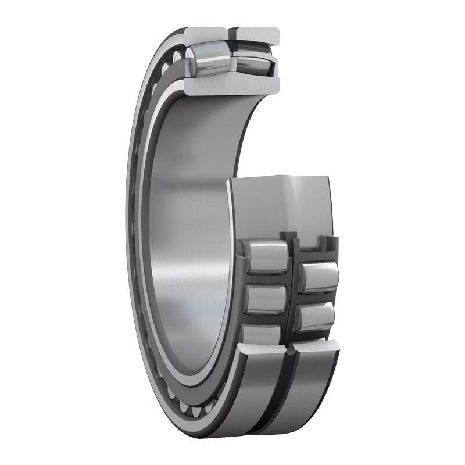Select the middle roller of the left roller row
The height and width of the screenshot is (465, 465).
point(264,298)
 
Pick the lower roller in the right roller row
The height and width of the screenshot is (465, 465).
point(316,317)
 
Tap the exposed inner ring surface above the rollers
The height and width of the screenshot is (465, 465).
point(279,203)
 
